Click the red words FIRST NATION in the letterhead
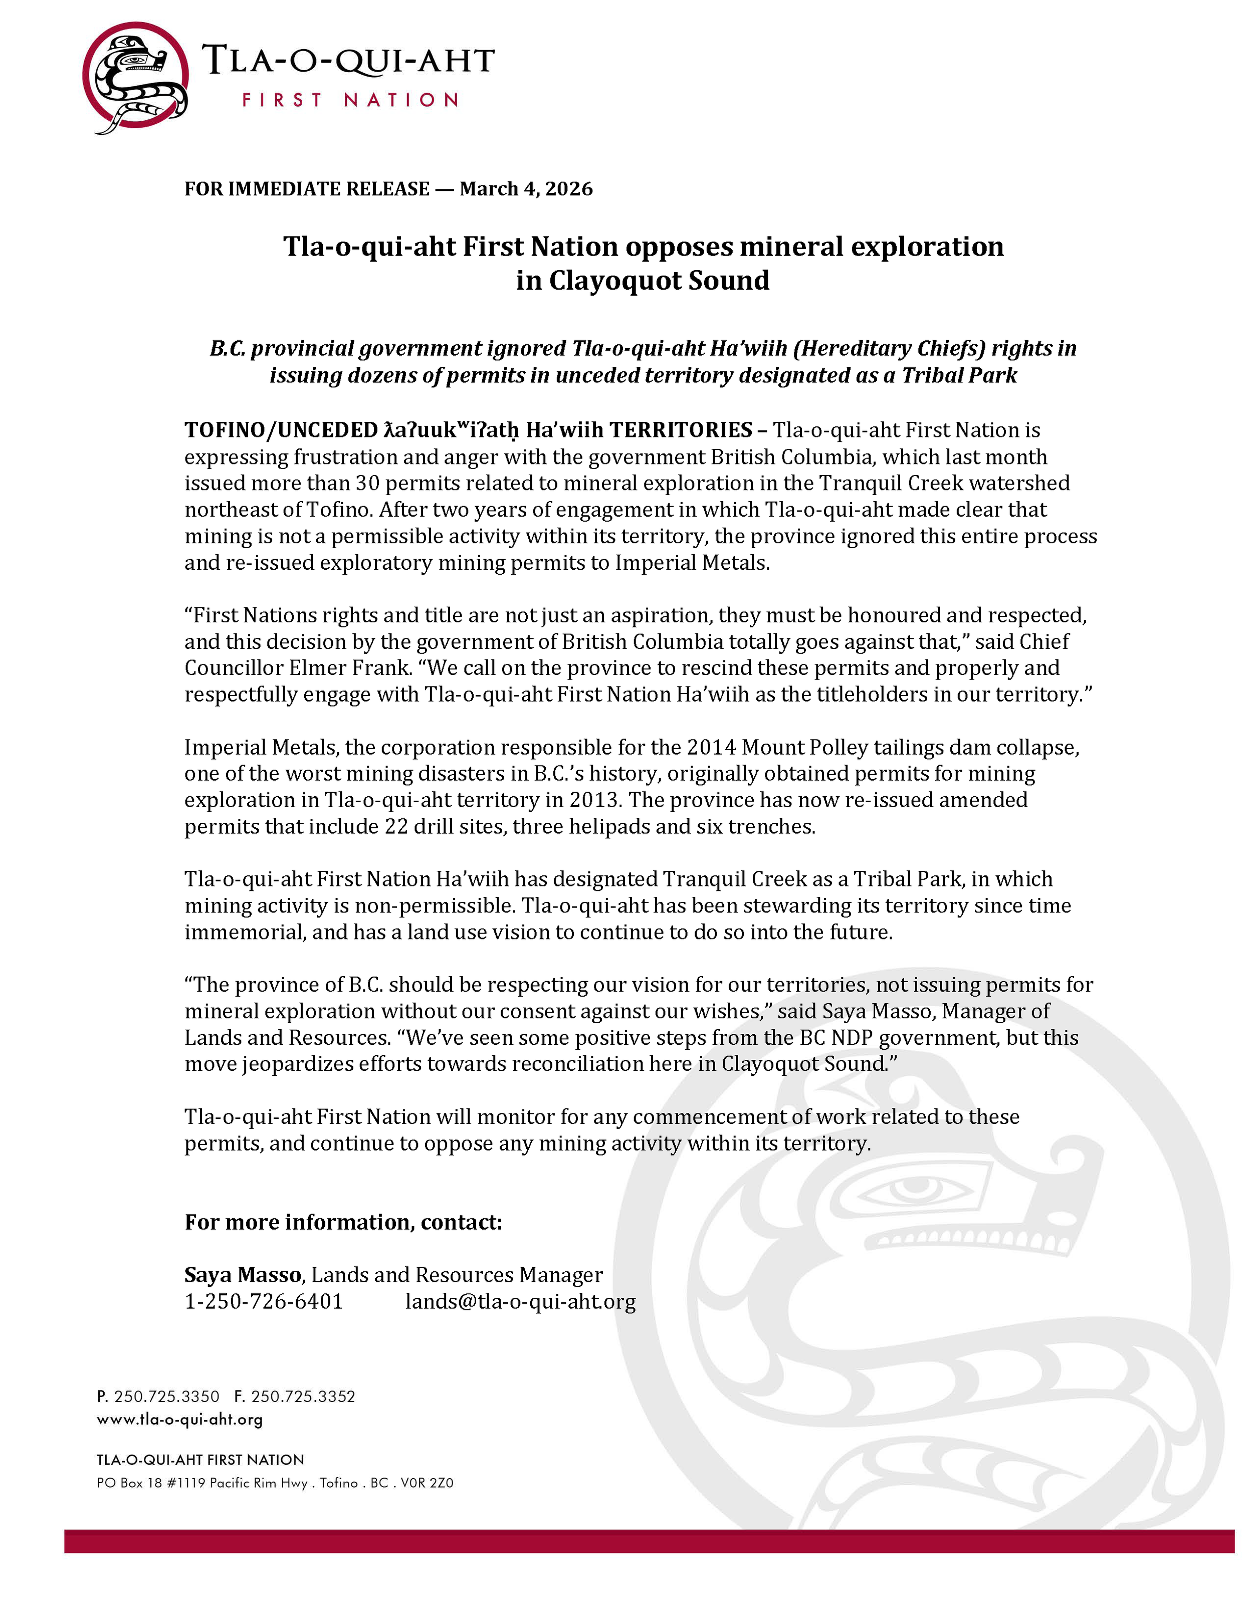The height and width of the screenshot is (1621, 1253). tap(350, 100)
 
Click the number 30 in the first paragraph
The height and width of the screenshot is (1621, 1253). tap(367, 483)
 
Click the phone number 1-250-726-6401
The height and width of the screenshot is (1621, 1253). tap(264, 1302)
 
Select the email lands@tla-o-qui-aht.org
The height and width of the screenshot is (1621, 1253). tap(520, 1302)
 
